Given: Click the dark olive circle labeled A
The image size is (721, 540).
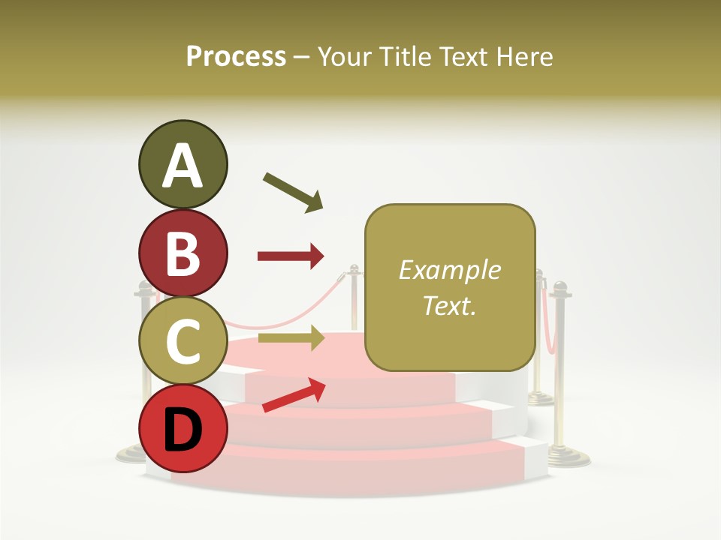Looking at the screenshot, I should tap(183, 164).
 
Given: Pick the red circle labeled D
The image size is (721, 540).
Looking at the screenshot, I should tap(183, 427).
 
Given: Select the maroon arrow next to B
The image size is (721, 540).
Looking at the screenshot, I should tap(290, 256).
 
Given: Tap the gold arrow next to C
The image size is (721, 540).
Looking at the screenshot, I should tap(290, 338).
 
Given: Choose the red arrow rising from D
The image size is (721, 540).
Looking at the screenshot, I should tap(294, 394).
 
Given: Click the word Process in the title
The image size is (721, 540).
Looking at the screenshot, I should tap(236, 56).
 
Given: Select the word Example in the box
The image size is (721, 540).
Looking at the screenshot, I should tap(449, 270).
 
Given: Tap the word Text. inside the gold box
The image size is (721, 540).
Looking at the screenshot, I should tap(449, 305).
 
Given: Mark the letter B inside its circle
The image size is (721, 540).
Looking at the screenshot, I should tap(183, 253).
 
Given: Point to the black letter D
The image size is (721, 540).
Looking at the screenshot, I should tap(183, 429).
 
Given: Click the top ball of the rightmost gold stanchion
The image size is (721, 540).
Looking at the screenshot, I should tap(560, 287).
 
